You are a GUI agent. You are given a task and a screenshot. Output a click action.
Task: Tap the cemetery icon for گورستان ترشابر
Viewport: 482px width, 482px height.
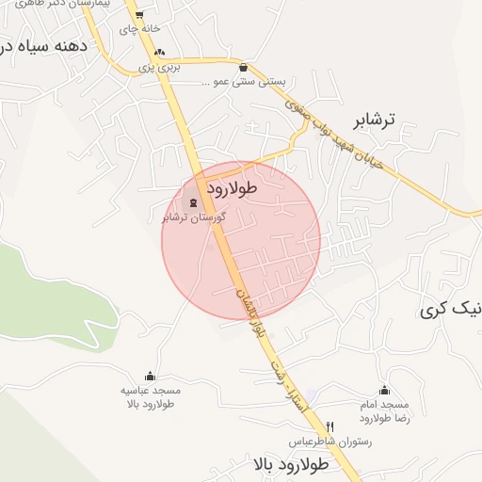(x=194, y=202)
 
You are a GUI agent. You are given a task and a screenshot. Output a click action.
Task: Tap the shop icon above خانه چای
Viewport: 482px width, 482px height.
(x=139, y=15)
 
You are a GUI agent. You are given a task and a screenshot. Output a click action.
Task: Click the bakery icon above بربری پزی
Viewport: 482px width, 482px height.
(x=159, y=53)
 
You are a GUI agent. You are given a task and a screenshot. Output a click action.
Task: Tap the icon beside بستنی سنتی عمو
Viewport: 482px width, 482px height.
(x=244, y=67)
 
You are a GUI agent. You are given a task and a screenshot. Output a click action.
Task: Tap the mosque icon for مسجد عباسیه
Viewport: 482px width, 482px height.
(x=150, y=376)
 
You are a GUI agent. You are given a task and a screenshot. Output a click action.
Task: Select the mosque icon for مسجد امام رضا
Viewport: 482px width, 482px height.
(x=383, y=390)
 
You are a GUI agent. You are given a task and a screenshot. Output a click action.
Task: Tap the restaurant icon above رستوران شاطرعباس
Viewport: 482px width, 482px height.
(x=329, y=426)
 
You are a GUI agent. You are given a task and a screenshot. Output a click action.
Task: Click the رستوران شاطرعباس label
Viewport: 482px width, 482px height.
(x=329, y=442)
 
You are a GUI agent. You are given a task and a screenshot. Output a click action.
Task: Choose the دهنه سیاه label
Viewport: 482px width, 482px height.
(x=44, y=45)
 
